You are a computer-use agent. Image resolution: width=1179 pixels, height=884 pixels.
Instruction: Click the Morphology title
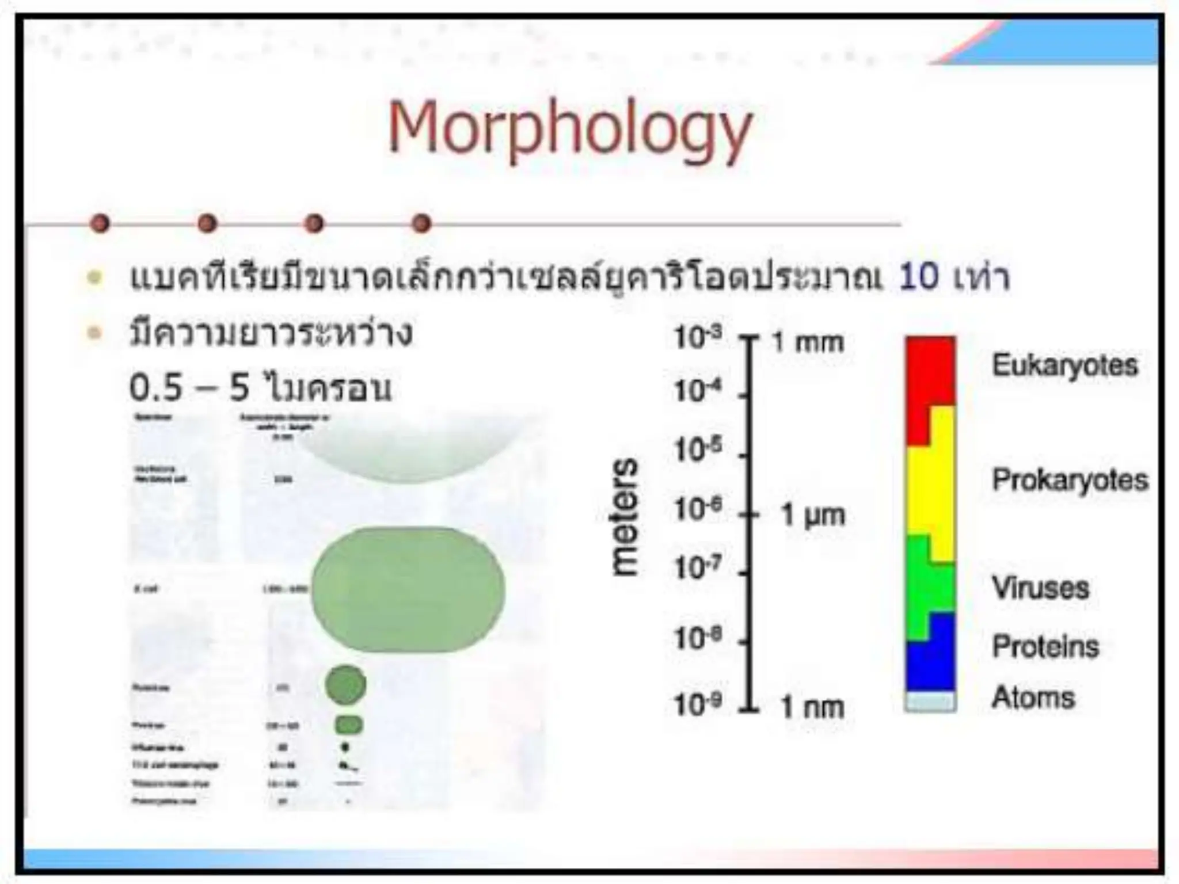570,129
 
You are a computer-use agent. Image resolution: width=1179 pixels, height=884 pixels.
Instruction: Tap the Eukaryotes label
1064,365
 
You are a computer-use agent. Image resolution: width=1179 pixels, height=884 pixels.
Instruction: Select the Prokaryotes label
1070,480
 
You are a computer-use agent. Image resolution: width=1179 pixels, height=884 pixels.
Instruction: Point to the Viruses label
1040,588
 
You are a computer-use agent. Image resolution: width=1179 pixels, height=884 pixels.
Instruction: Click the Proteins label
1045,646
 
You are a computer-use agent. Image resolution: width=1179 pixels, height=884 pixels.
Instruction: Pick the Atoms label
1033,698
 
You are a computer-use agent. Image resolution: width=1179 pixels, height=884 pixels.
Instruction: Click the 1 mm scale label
808,343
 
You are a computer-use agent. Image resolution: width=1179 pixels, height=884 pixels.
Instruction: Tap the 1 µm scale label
812,515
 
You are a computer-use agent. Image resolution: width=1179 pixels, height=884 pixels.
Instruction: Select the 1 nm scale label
812,707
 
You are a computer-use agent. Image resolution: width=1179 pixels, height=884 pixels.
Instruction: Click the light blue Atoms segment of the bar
930,702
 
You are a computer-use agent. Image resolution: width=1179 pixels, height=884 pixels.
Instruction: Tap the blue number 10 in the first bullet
918,277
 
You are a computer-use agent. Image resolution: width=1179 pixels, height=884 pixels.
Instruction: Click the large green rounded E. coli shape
408,589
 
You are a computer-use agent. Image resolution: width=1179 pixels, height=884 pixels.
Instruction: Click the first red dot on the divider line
100,223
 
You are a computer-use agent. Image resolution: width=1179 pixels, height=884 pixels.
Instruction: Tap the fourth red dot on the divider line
422,223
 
